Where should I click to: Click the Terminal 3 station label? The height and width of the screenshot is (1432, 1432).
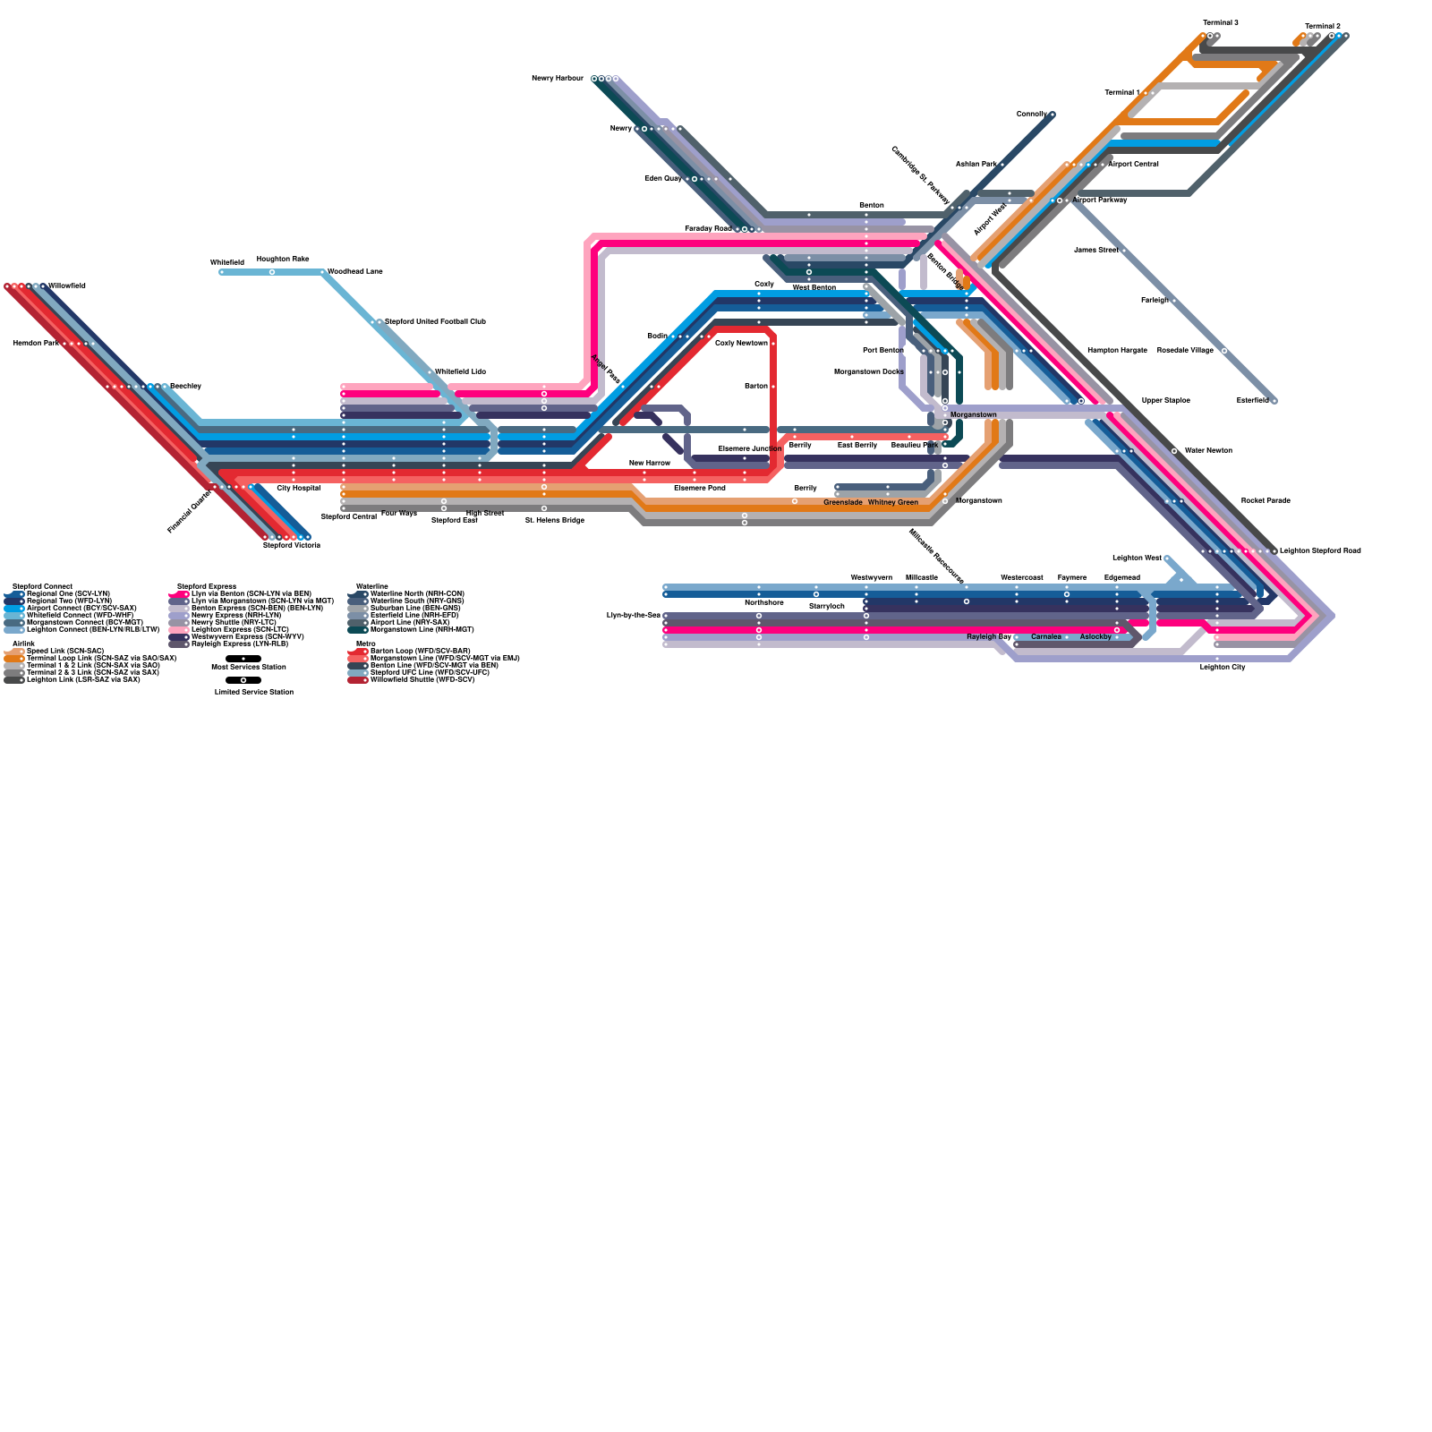tap(1220, 22)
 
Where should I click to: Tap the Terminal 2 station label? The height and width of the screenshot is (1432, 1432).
tap(1322, 26)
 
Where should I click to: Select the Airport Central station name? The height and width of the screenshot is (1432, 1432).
tap(1133, 165)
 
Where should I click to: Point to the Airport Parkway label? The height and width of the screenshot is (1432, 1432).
tap(1100, 200)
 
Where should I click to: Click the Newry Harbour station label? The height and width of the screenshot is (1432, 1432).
tap(557, 79)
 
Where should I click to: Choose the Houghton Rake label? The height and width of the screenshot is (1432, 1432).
tap(283, 260)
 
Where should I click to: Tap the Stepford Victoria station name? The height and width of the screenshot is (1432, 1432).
tap(291, 545)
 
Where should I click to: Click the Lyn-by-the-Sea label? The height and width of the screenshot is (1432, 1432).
tap(633, 616)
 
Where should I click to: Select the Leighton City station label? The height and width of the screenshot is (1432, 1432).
tap(1222, 668)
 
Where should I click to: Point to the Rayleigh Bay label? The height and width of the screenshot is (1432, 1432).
tap(989, 637)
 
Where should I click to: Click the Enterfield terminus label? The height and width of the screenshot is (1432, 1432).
tap(1252, 401)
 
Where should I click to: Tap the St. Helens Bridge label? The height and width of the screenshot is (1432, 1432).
tap(554, 520)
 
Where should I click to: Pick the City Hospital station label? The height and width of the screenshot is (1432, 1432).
tap(298, 489)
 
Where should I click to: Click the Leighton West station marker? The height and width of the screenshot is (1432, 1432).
tap(1167, 558)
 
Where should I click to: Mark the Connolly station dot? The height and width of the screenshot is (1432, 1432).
tap(1053, 115)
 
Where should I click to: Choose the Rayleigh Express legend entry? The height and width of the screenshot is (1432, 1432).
tap(239, 644)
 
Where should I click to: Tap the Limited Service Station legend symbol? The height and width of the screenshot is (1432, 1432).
tap(243, 680)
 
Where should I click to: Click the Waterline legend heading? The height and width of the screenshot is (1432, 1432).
tap(372, 586)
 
